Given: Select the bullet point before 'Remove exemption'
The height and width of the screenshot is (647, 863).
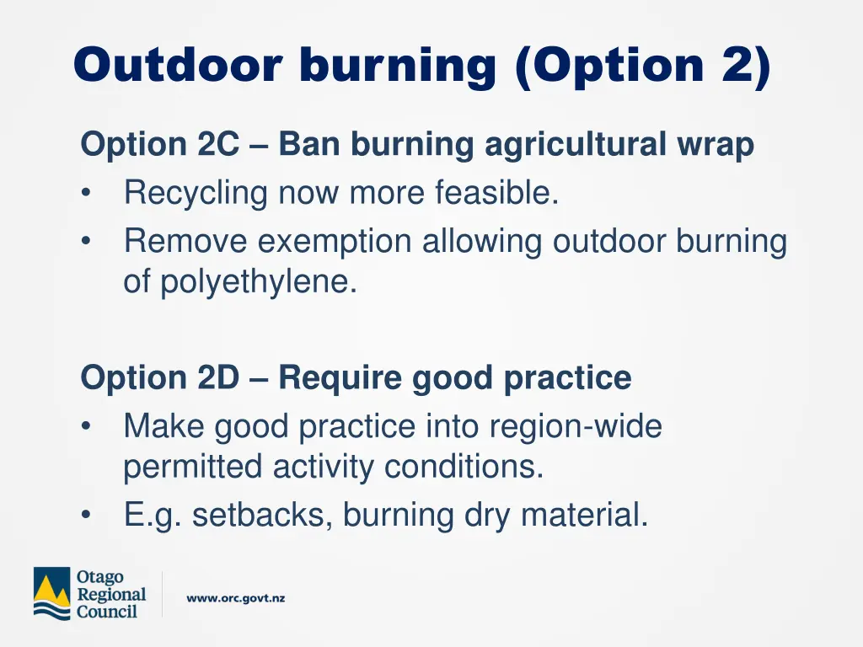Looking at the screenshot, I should (x=88, y=243).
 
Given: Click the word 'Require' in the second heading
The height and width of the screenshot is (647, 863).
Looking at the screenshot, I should (x=340, y=378).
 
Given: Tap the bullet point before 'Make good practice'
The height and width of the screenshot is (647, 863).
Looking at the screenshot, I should (x=88, y=427).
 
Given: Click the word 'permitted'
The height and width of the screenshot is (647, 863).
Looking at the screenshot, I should (x=193, y=467).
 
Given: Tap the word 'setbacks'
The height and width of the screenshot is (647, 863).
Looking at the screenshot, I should (x=262, y=515).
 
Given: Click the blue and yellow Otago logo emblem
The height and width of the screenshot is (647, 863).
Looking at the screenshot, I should (x=51, y=593).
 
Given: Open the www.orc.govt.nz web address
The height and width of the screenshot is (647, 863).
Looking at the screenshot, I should (x=236, y=599).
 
